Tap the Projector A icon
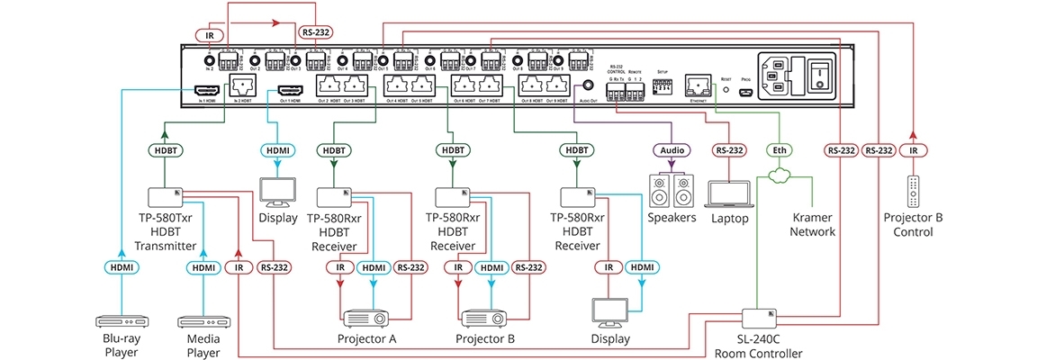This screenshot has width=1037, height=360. click(367, 318)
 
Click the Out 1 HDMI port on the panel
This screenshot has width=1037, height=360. click(289, 91)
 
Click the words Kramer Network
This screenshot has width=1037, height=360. click(813, 224)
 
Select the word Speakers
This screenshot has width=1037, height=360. click(672, 217)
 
